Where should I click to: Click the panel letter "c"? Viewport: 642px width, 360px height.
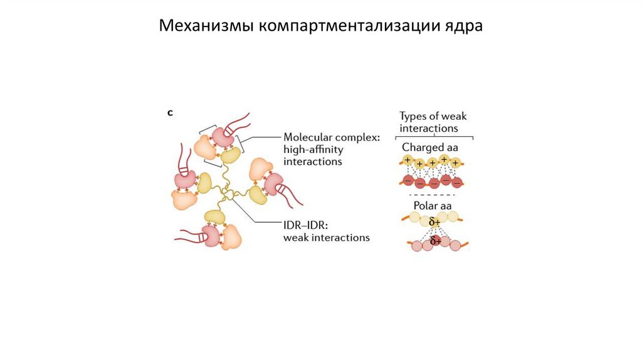(x=169, y=113)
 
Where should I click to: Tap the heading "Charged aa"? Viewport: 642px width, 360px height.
(x=430, y=148)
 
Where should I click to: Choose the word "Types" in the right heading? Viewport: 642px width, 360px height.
(x=414, y=116)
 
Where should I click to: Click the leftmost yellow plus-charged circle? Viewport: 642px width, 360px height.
(x=408, y=161)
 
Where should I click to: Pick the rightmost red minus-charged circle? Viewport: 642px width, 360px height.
(x=457, y=183)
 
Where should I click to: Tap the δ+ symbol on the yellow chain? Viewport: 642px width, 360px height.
(x=434, y=222)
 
